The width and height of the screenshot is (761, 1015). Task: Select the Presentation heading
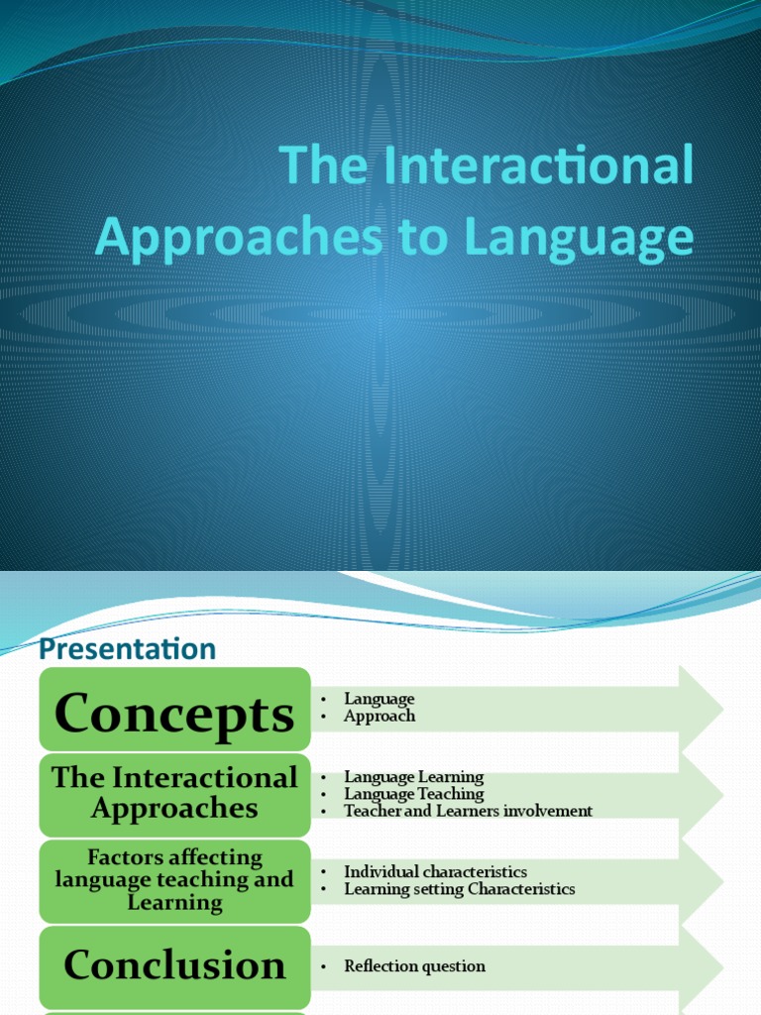[x=127, y=648]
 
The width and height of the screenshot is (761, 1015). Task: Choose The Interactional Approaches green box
[x=174, y=793]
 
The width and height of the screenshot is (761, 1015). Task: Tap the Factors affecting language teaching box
[x=174, y=879]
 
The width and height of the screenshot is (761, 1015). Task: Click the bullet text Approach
[x=380, y=716]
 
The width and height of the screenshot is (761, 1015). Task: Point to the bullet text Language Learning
[x=413, y=777]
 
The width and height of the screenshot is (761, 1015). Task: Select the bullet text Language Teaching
[x=413, y=794]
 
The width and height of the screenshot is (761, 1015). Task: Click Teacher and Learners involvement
[x=468, y=811]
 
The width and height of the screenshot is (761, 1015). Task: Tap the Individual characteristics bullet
[x=435, y=871]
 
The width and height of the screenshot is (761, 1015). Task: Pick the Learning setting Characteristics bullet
[x=459, y=889]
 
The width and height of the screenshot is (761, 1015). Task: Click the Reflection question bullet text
[x=414, y=965]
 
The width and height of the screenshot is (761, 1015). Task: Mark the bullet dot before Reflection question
[x=324, y=966]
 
